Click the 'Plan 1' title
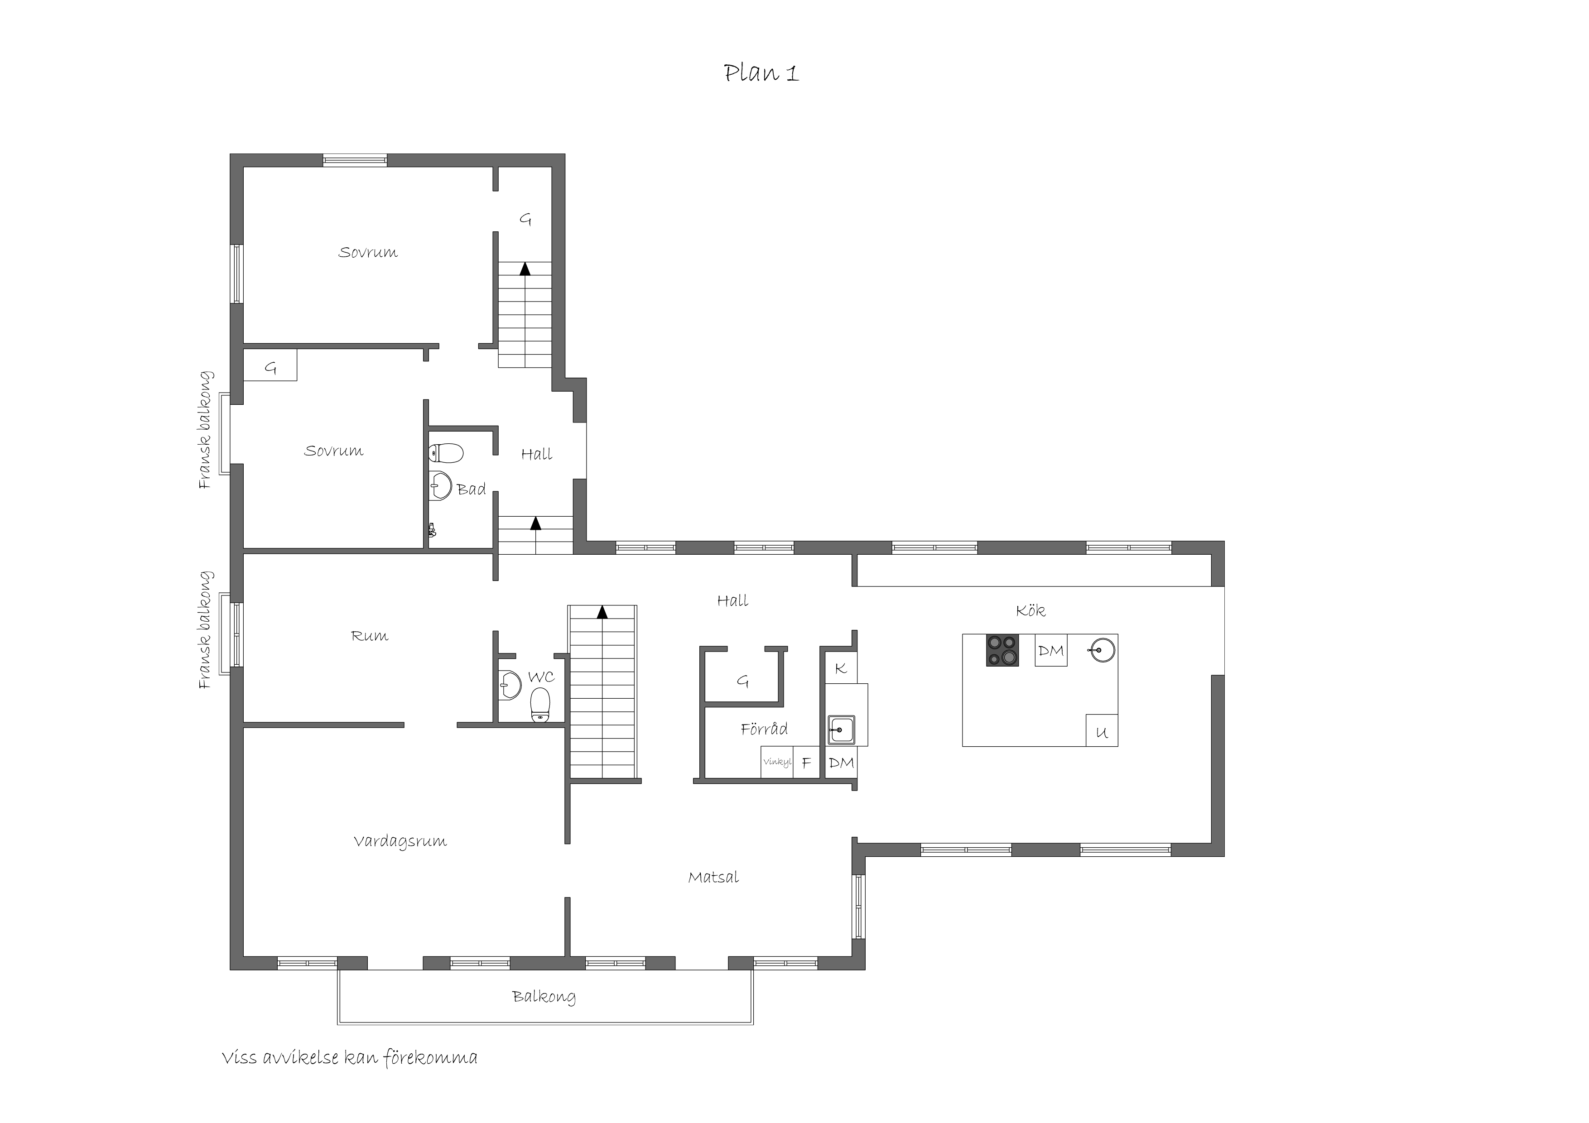click(x=761, y=73)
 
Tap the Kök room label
click(x=1030, y=610)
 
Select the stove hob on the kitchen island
click(x=1002, y=650)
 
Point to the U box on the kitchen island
click(x=1102, y=730)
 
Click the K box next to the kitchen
click(x=841, y=668)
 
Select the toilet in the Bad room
click(x=446, y=453)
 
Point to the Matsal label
click(x=713, y=878)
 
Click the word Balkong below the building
click(x=544, y=997)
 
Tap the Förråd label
click(x=764, y=729)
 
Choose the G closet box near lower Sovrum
click(x=270, y=365)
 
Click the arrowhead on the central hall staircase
click(x=602, y=612)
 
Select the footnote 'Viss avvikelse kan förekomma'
click(x=350, y=1058)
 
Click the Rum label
click(x=370, y=636)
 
